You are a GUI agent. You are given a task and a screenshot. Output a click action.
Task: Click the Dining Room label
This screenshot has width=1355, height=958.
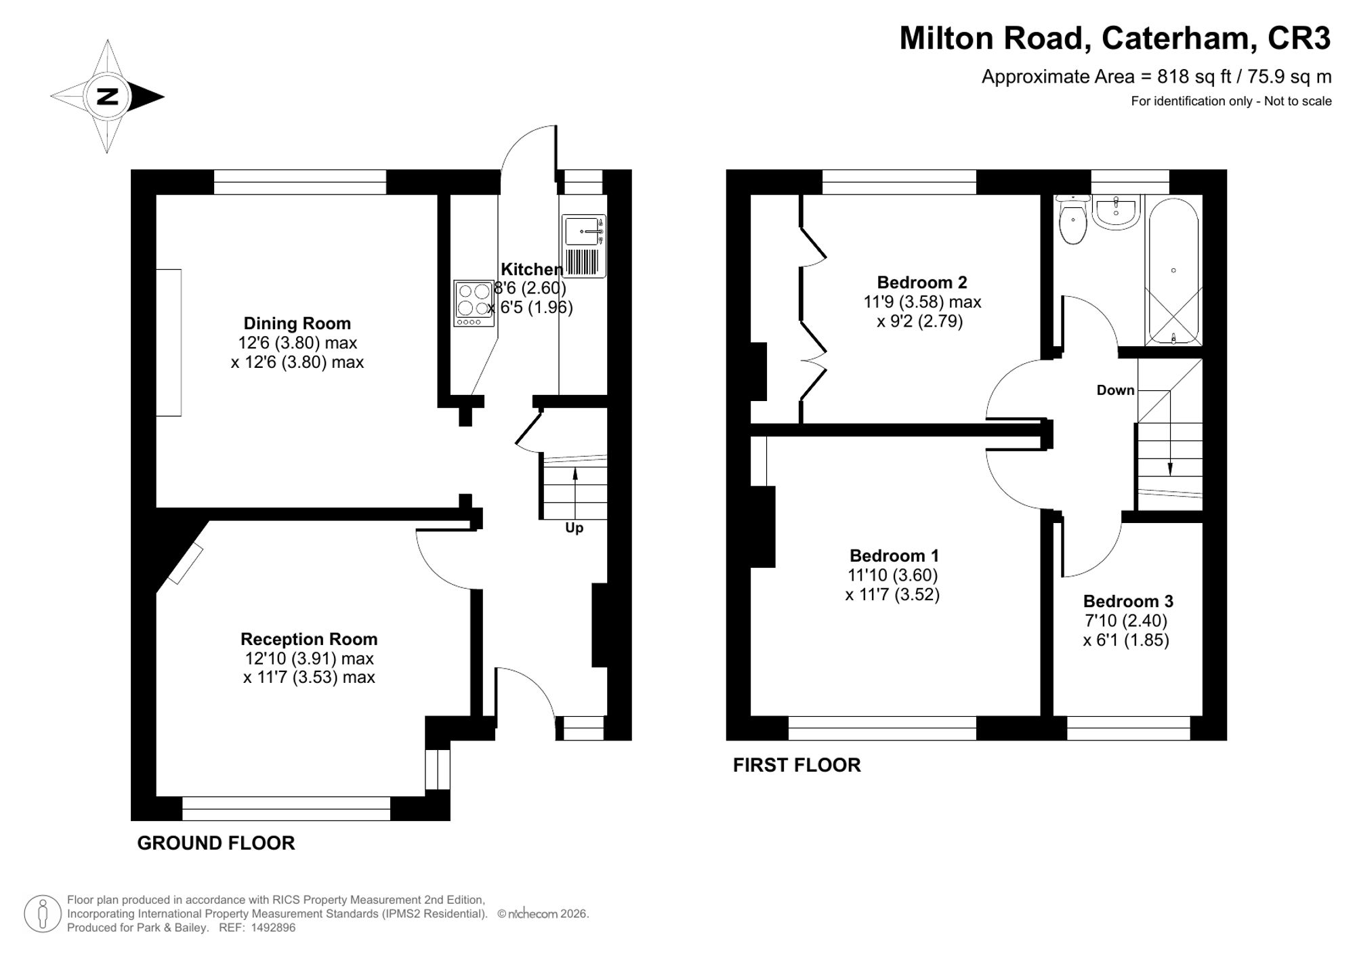pyautogui.click(x=297, y=323)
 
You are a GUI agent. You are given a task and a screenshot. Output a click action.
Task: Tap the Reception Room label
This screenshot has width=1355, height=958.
pyautogui.click(x=309, y=639)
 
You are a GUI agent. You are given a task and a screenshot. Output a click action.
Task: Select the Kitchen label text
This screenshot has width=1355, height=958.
pyautogui.click(x=532, y=269)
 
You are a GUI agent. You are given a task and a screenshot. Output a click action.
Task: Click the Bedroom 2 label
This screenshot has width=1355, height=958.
pyautogui.click(x=922, y=282)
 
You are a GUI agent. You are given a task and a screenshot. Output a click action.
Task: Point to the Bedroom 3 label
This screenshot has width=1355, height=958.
pyautogui.click(x=1128, y=601)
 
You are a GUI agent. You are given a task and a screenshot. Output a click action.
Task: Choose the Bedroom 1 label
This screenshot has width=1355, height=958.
pyautogui.click(x=894, y=556)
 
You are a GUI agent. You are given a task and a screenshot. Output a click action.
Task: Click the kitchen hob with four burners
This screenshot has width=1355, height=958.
pyautogui.click(x=474, y=304)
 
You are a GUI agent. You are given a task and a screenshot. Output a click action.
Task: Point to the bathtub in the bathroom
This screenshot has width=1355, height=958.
pyautogui.click(x=1173, y=271)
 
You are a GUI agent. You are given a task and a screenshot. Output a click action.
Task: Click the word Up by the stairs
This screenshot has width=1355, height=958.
pyautogui.click(x=574, y=528)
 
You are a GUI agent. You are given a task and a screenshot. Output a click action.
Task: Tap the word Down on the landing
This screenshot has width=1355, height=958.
pyautogui.click(x=1115, y=390)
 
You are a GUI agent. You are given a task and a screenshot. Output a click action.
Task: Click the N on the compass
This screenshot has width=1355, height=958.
pyautogui.click(x=107, y=97)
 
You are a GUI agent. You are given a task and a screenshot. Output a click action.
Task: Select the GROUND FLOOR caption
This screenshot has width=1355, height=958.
pyautogui.click(x=216, y=843)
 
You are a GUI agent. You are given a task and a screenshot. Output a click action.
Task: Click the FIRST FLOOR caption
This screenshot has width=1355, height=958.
pyautogui.click(x=797, y=765)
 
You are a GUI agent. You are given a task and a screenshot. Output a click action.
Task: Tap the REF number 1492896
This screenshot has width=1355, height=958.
pyautogui.click(x=273, y=928)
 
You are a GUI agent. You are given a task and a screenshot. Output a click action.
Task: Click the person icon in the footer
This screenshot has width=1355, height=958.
pyautogui.click(x=43, y=914)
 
